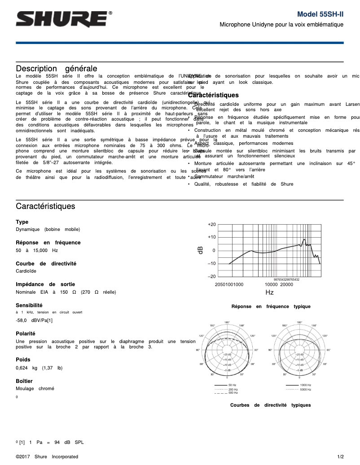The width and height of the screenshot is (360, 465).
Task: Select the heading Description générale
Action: tap(57, 69)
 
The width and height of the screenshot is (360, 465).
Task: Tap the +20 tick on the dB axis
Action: tap(212, 224)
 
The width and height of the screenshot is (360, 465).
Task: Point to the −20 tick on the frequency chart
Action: tap(212, 277)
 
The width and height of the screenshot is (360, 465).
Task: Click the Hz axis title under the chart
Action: tap(269, 292)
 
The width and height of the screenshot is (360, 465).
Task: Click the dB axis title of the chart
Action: tap(201, 250)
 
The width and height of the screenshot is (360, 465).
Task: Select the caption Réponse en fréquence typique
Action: tap(271, 307)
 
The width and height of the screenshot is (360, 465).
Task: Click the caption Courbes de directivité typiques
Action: tap(270, 405)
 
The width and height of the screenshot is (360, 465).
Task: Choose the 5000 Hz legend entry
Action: tap(305, 390)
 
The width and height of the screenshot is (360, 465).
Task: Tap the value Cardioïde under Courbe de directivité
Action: tap(26, 271)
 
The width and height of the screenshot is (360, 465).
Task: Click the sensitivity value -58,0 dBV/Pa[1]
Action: tap(34, 320)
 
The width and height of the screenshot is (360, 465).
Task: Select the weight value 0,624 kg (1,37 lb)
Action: tap(39, 368)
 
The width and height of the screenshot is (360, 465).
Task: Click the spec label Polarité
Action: tap(25, 334)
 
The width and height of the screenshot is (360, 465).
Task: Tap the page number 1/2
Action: tap(340, 457)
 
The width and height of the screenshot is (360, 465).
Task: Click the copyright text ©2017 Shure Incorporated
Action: tap(47, 457)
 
